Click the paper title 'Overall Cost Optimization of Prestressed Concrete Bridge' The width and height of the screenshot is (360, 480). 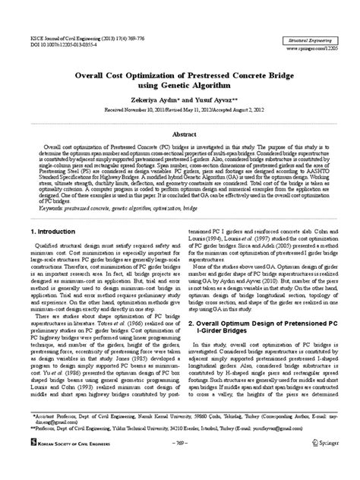pyautogui.click(x=179, y=74)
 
